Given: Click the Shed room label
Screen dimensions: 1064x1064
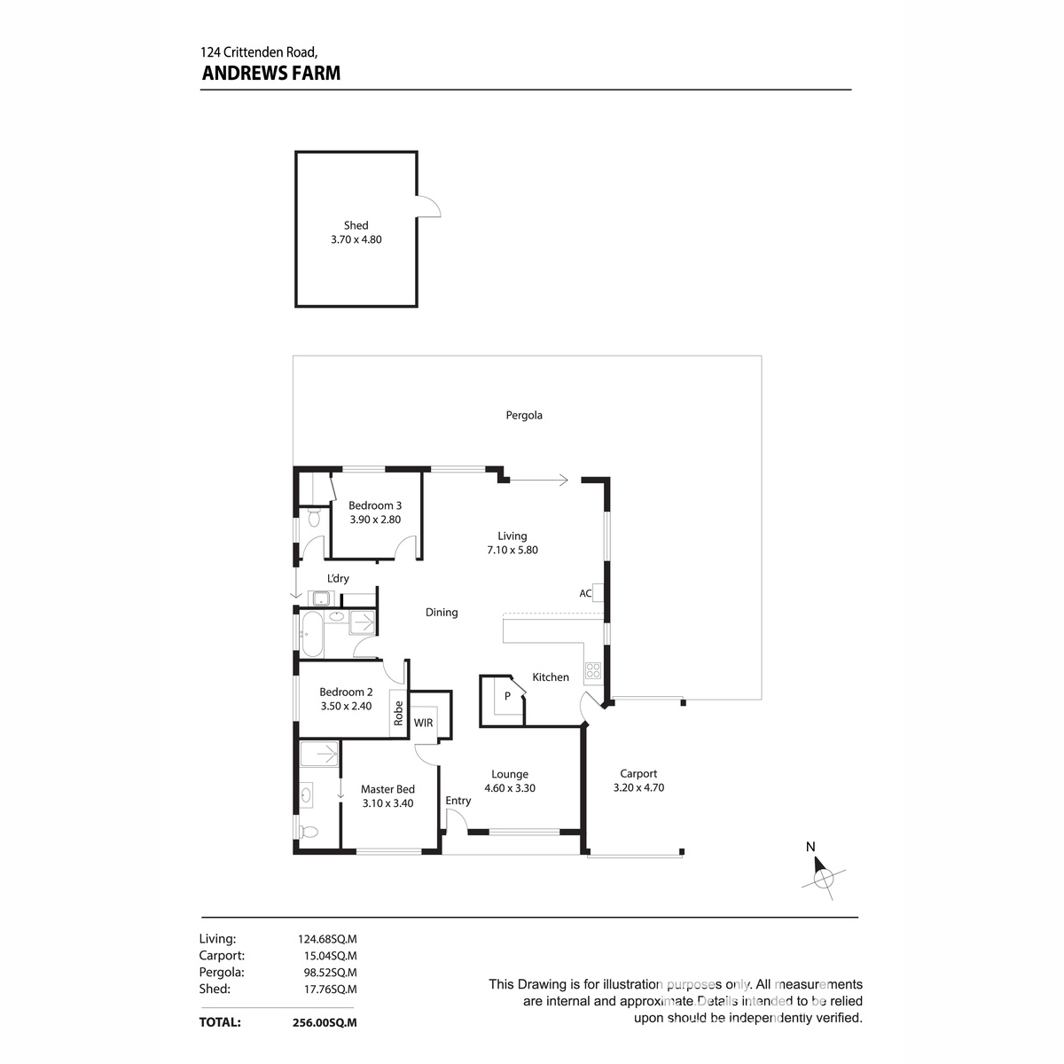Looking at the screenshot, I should click(x=356, y=225).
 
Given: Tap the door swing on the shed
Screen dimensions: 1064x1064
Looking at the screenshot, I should click(x=429, y=206).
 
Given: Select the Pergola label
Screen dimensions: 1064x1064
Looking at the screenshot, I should click(x=524, y=415).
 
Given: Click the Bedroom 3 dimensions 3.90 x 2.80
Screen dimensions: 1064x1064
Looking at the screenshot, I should click(x=374, y=520).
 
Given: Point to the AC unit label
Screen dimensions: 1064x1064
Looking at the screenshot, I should click(x=585, y=593).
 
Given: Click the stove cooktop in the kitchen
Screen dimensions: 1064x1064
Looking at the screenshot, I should click(x=592, y=671).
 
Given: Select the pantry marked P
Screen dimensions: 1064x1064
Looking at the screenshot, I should click(x=507, y=696).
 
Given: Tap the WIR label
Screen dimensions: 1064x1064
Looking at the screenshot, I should click(x=423, y=723).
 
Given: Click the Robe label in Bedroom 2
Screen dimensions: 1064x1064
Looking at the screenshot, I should click(x=399, y=714).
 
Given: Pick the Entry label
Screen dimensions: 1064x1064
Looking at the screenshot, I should click(x=458, y=801).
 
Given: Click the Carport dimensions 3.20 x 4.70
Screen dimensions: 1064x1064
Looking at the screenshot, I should click(x=638, y=787).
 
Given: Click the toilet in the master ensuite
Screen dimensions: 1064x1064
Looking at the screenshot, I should click(x=307, y=832).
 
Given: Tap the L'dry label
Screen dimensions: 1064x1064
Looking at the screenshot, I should click(x=338, y=578).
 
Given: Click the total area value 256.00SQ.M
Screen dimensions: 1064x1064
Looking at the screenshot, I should click(x=325, y=1022).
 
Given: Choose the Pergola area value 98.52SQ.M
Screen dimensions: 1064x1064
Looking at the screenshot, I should click(x=326, y=972).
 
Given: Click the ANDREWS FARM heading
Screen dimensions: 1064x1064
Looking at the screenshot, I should click(x=270, y=74).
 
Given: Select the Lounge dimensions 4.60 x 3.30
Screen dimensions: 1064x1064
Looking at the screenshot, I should click(x=509, y=787).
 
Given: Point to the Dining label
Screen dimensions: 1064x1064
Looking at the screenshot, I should click(x=442, y=612).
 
